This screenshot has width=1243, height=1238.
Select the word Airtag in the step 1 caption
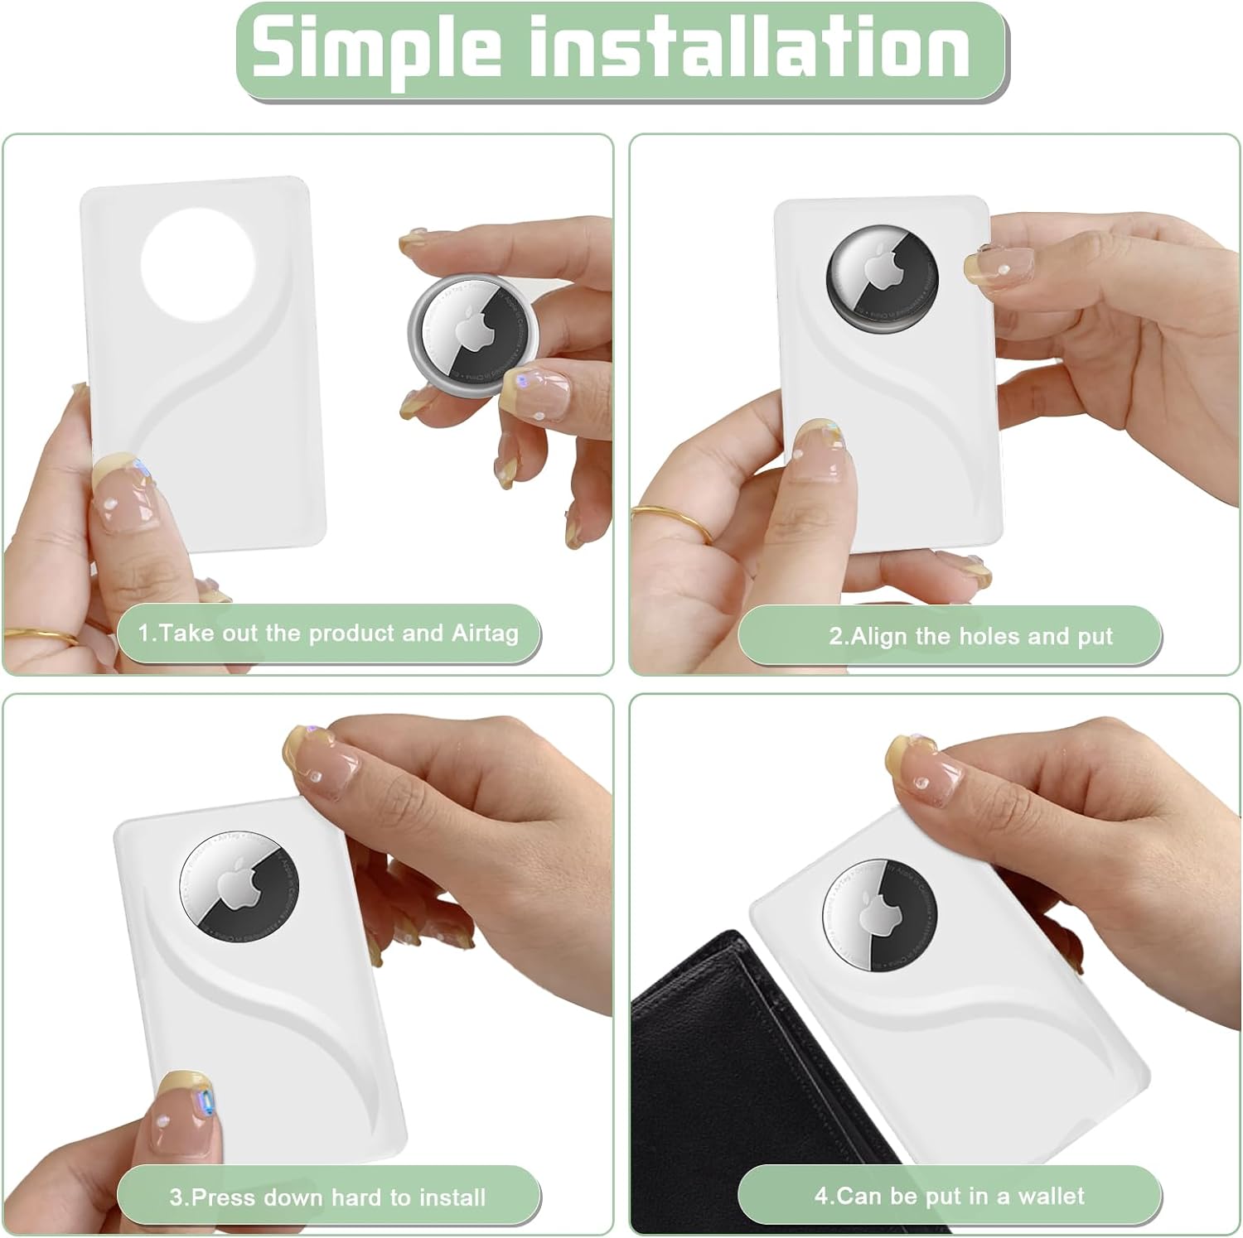tap(485, 634)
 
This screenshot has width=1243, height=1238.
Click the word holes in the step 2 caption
tap(989, 637)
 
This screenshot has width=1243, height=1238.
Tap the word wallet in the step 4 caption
tap(1051, 1197)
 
